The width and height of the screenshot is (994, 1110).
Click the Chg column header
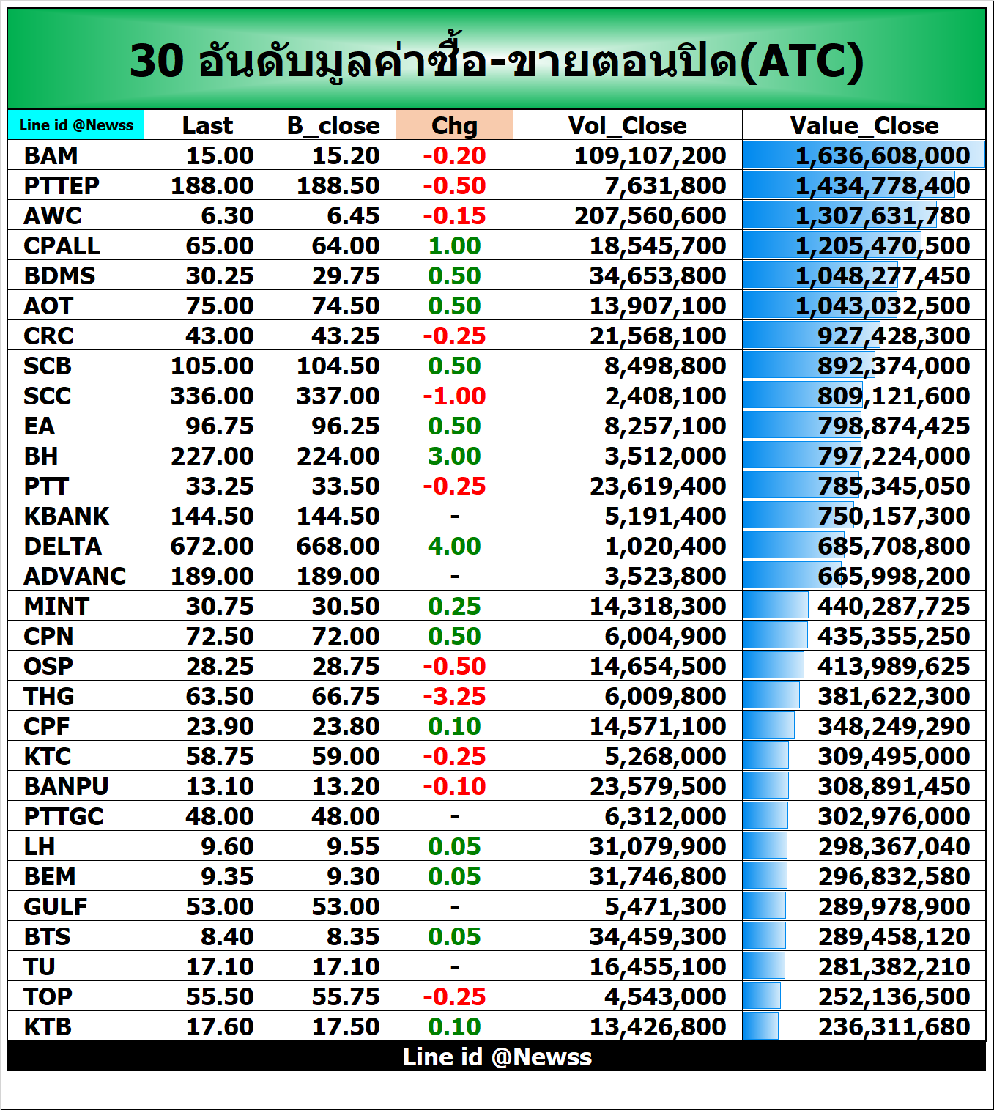point(454,125)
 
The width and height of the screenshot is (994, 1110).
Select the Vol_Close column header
point(627,125)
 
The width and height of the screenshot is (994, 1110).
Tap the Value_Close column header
point(864,125)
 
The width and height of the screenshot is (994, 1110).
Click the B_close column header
point(333,125)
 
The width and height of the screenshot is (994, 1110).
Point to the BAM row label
point(51,155)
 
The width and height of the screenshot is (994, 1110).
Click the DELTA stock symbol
point(63,546)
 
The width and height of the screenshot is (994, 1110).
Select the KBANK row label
point(66,516)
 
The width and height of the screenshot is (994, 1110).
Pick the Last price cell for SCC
point(212,396)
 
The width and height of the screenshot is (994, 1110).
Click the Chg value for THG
point(454,696)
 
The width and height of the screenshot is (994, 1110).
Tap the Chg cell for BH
point(454,456)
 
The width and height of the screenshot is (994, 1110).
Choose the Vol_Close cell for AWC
point(650,215)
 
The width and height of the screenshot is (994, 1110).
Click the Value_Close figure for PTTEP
point(882,185)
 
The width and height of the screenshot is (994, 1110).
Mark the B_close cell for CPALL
point(345,245)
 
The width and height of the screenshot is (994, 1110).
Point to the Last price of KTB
point(219,1026)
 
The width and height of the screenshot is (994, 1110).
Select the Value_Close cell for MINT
point(893,606)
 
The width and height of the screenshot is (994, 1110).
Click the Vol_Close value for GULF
point(664,906)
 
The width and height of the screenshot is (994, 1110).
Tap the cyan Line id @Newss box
point(76,125)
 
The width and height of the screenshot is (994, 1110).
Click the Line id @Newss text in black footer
point(497,1057)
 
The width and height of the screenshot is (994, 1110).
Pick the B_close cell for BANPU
point(345,786)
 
